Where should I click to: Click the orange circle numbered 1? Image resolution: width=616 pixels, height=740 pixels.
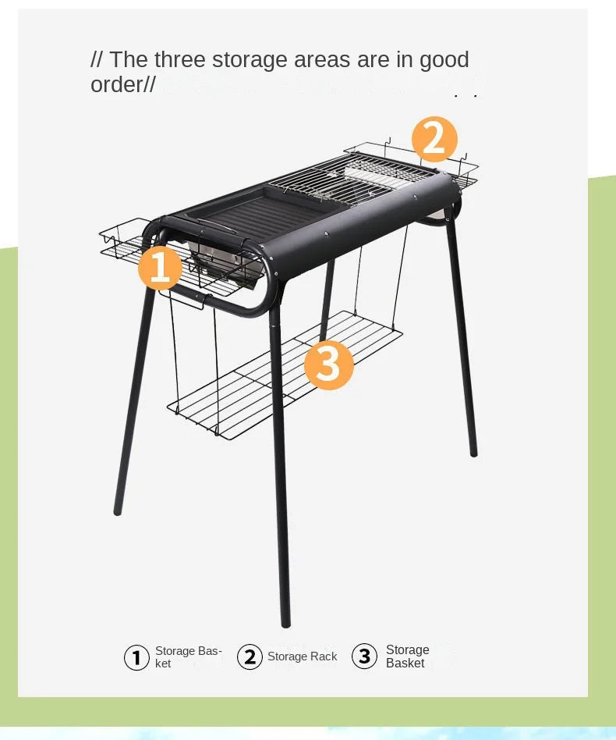click(x=160, y=268)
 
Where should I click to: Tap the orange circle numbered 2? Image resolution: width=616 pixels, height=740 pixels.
click(x=434, y=138)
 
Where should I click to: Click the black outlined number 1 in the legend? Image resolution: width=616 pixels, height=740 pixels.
click(x=136, y=657)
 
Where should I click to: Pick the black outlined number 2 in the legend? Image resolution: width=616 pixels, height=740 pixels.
click(x=250, y=657)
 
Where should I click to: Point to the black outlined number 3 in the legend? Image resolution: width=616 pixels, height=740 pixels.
click(x=364, y=656)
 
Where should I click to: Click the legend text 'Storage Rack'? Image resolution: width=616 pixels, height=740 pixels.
click(x=302, y=656)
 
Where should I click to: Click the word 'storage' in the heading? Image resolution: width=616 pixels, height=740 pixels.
click(x=250, y=59)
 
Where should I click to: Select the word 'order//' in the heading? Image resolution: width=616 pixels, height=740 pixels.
click(x=123, y=84)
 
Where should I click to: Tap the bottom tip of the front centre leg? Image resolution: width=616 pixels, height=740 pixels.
click(x=285, y=623)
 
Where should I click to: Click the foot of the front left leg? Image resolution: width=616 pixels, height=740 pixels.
click(x=118, y=511)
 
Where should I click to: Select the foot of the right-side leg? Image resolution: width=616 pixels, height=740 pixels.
click(x=473, y=452)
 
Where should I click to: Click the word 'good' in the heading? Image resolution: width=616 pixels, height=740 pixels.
click(x=444, y=59)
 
